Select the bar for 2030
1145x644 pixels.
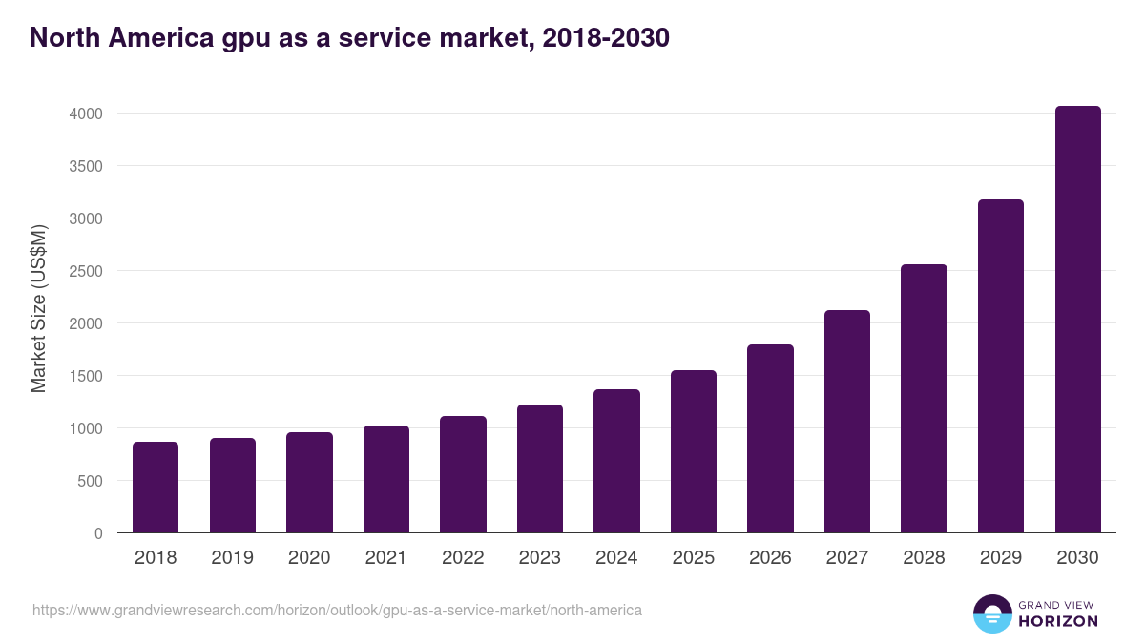[x=1077, y=320]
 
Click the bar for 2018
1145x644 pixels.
[x=156, y=488]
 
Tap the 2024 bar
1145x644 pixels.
[x=616, y=461]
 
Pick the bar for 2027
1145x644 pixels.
[x=847, y=422]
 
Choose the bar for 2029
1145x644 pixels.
[x=1001, y=366]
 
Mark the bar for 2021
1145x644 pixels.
[x=385, y=479]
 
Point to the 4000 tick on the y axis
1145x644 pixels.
[x=85, y=114]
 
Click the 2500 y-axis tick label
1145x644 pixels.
[x=85, y=271]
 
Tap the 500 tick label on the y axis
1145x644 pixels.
[x=90, y=481]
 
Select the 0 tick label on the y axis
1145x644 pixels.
[x=98, y=533]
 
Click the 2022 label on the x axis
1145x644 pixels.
[x=463, y=558]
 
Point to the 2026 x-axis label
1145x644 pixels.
[x=770, y=558]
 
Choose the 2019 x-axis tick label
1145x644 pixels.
[x=232, y=558]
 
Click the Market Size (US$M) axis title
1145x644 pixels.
[x=38, y=308]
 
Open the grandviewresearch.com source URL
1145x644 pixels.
[x=337, y=610]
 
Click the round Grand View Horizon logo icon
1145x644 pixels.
[x=991, y=614]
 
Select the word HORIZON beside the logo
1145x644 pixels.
[x=1058, y=621]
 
